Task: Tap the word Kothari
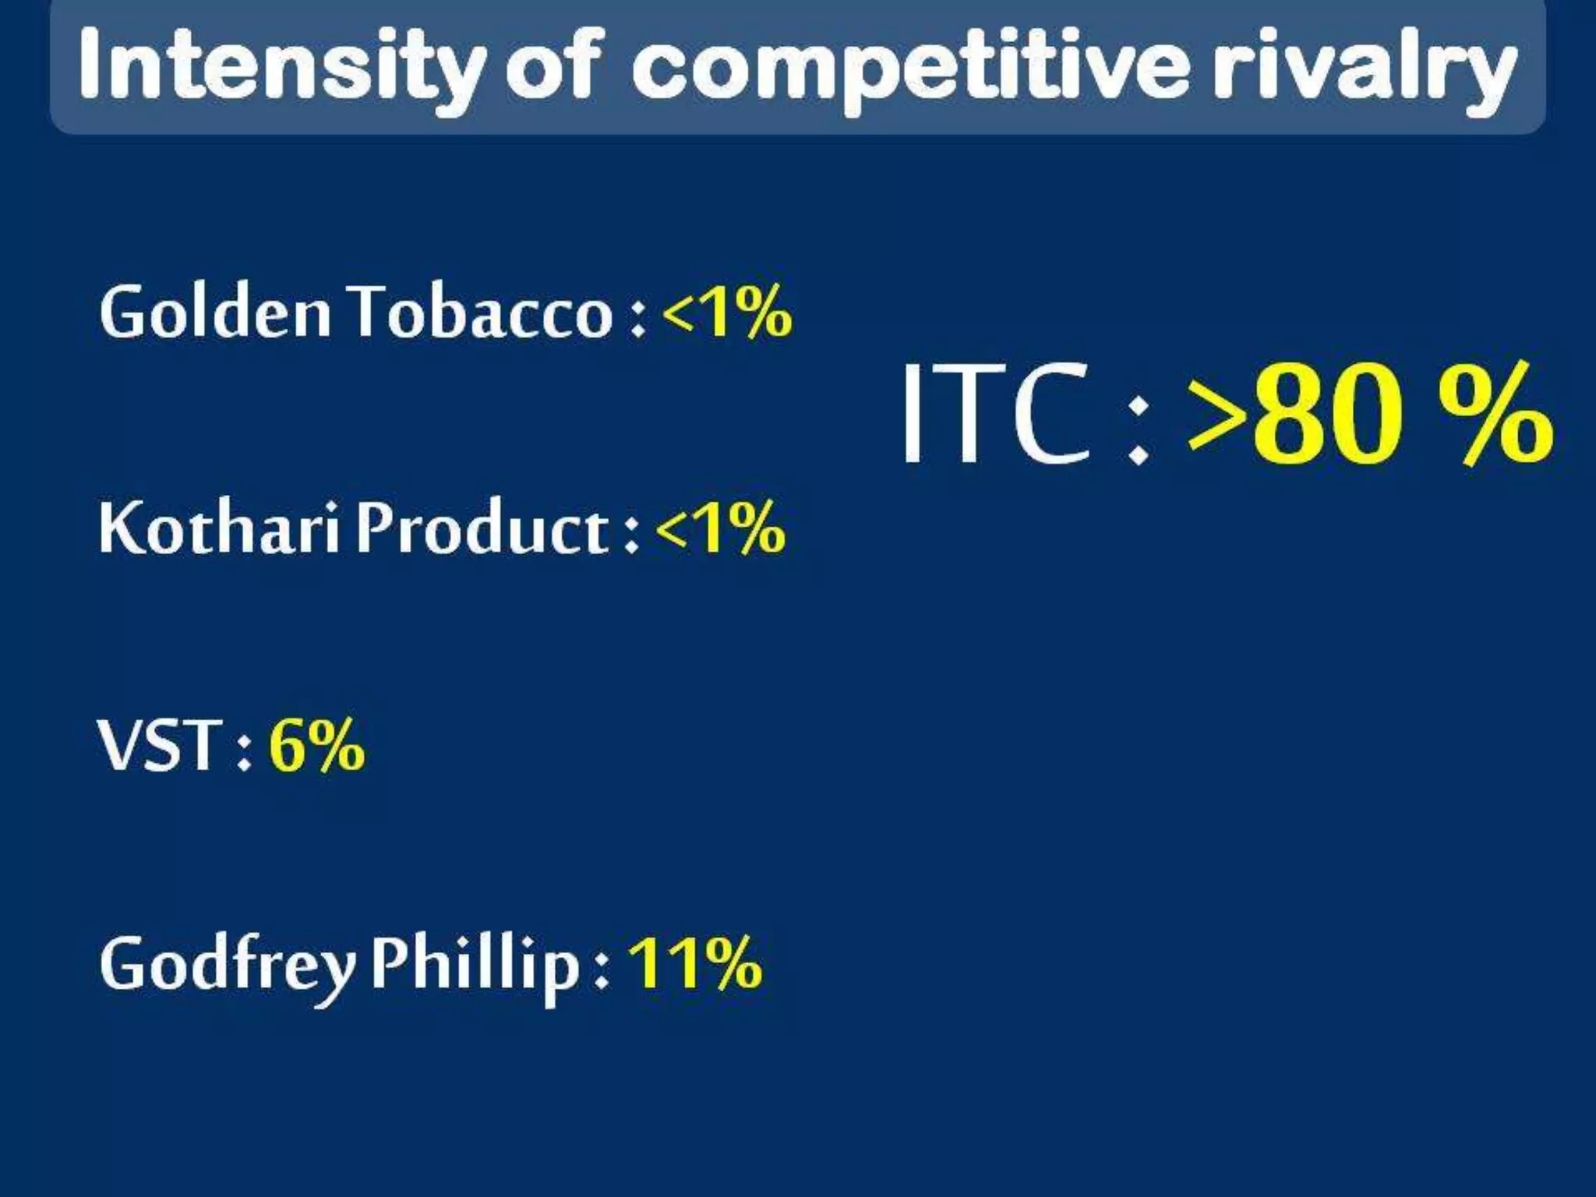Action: tap(220, 529)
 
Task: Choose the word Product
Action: tap(483, 529)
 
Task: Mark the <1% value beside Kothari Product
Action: tap(720, 529)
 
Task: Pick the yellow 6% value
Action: tap(316, 747)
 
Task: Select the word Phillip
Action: tap(475, 966)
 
